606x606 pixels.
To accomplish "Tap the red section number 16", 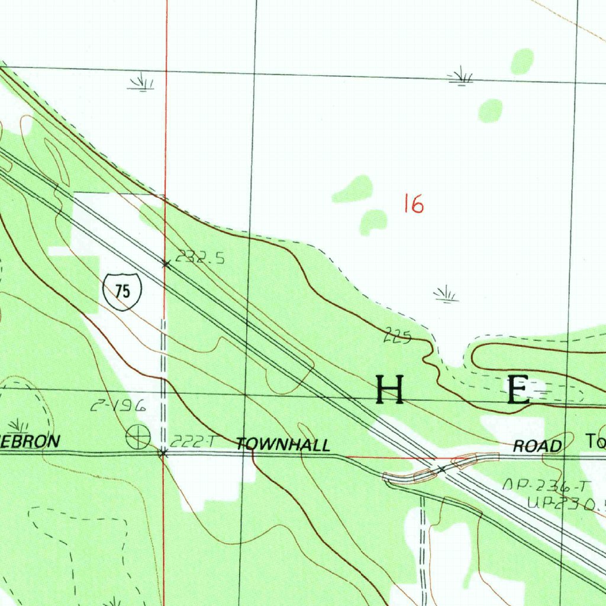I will pyautogui.click(x=413, y=204).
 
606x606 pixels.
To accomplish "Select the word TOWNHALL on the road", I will pyautogui.click(x=283, y=445).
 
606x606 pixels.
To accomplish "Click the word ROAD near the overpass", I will pyautogui.click(x=537, y=446).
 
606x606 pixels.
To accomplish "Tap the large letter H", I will pyautogui.click(x=390, y=389).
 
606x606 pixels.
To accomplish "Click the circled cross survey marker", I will pyautogui.click(x=138, y=437).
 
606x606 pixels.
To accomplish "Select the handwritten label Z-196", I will pyautogui.click(x=118, y=407).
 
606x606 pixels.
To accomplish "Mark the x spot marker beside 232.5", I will pyautogui.click(x=166, y=264).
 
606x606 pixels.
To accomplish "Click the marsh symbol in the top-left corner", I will pyautogui.click(x=141, y=82).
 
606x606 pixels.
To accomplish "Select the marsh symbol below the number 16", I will pyautogui.click(x=446, y=294).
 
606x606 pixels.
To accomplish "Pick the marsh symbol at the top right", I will pyautogui.click(x=460, y=76).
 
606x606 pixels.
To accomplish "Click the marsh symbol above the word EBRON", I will pyautogui.click(x=19, y=425).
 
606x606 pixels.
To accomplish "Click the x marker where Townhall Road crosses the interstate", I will pyautogui.click(x=441, y=469).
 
